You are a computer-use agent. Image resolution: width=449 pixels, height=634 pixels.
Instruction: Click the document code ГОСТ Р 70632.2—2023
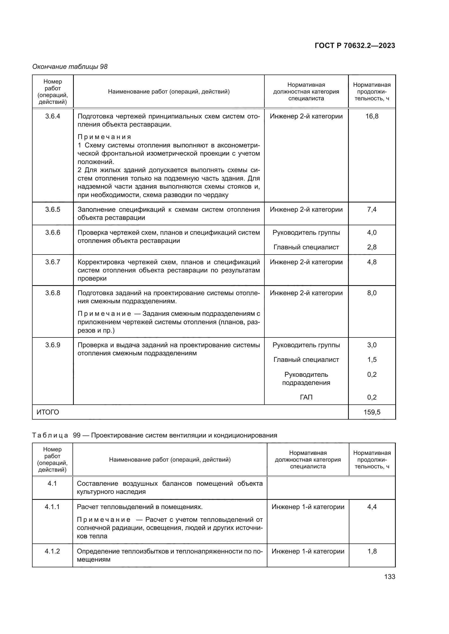click(355, 46)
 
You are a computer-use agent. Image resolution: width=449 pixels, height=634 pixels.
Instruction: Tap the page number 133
click(390, 577)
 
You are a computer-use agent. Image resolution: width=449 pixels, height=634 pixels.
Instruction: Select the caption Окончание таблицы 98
click(70, 67)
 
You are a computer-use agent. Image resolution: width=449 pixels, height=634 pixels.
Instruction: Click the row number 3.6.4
click(53, 116)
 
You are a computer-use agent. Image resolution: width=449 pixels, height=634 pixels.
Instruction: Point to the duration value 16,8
click(372, 116)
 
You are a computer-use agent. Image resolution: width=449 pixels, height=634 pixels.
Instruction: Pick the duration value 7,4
click(372, 210)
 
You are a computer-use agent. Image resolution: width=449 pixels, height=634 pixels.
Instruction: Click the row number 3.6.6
click(53, 233)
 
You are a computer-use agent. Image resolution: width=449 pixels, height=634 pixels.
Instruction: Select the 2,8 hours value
click(372, 247)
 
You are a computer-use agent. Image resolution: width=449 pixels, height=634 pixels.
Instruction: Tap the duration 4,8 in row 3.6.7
click(372, 262)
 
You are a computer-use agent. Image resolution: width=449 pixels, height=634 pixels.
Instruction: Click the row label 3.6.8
click(53, 293)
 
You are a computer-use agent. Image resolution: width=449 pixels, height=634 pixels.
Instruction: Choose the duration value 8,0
click(372, 293)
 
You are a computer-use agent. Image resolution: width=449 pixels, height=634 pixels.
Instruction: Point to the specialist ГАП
click(306, 397)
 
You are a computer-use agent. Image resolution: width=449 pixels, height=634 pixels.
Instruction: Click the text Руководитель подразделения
click(306, 379)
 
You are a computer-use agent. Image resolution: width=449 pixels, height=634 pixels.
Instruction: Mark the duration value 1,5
click(372, 360)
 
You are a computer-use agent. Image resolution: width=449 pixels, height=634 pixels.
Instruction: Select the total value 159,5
click(372, 412)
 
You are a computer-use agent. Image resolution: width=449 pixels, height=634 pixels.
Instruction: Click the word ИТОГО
click(48, 412)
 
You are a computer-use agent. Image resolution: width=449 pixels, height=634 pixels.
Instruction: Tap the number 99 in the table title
click(77, 436)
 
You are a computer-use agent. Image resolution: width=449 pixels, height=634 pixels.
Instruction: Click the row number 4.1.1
click(52, 507)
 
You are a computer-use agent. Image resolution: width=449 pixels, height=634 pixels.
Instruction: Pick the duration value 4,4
click(372, 507)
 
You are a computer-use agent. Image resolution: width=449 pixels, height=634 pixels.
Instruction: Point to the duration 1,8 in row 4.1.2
click(372, 551)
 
